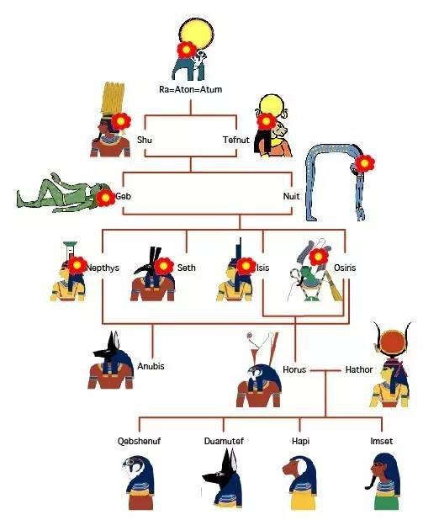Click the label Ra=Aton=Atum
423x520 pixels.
(191, 89)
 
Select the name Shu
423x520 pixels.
(145, 140)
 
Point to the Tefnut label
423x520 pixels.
(236, 140)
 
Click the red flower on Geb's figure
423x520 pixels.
(105, 198)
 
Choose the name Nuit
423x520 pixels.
(292, 196)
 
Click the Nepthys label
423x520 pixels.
(103, 268)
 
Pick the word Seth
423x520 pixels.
(187, 268)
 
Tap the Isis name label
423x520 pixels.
(263, 268)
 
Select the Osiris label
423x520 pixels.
(345, 268)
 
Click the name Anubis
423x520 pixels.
(151, 366)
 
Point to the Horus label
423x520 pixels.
(294, 369)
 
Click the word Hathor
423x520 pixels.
(359, 369)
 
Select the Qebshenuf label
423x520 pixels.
(140, 441)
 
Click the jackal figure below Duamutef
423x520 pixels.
(222, 480)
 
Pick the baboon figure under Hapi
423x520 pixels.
(300, 482)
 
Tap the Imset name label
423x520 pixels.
(382, 441)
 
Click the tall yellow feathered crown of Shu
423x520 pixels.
(113, 98)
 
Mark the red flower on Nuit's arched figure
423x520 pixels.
(364, 163)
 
